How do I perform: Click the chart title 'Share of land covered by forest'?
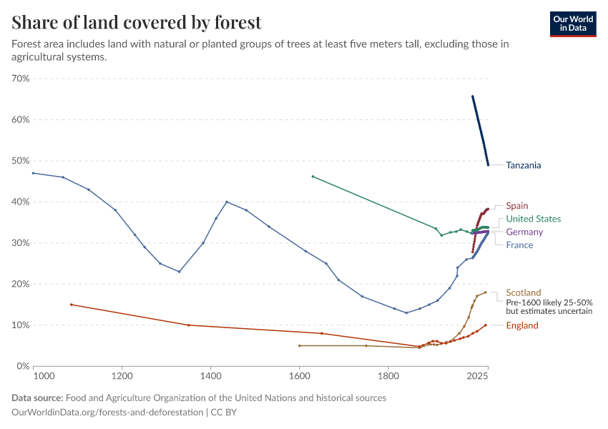tap(137, 22)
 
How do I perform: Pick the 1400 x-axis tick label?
tap(210, 375)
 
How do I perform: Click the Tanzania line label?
tap(523, 165)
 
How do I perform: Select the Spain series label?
tap(517, 206)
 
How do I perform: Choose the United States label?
tap(533, 219)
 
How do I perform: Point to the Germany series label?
tap(524, 232)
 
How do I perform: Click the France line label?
tap(519, 245)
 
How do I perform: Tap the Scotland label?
tap(524, 292)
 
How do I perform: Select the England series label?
tap(522, 325)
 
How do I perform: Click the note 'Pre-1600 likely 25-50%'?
tap(549, 302)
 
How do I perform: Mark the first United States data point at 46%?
tap(313, 176)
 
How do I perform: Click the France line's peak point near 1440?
tap(227, 202)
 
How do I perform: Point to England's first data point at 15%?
tap(72, 305)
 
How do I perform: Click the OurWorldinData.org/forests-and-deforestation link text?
tap(107, 413)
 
